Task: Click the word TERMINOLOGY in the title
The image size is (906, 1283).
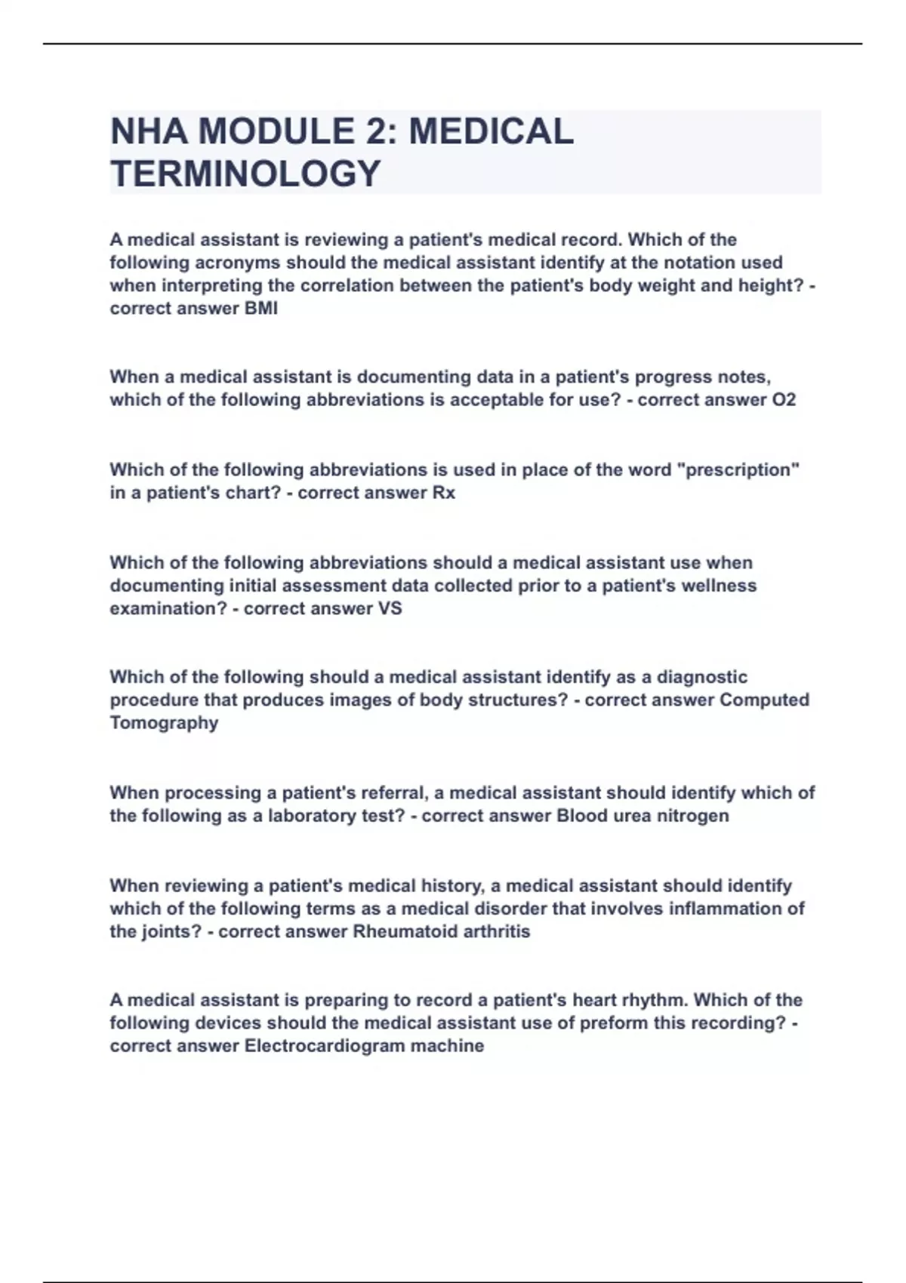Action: (x=245, y=174)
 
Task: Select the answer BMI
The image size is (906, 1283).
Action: (x=261, y=309)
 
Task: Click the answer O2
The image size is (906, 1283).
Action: (x=784, y=400)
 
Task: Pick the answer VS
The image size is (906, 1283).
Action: (x=390, y=608)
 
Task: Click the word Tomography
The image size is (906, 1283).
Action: (x=164, y=723)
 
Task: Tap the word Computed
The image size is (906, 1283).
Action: (x=764, y=700)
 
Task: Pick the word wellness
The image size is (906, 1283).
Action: (x=720, y=586)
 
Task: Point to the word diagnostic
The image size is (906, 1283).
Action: (x=702, y=677)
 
